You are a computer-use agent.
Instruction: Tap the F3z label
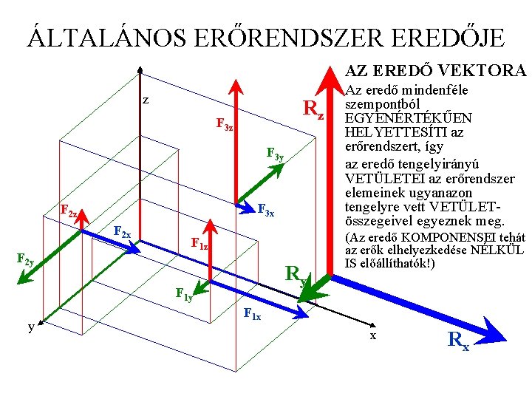pyautogui.click(x=225, y=125)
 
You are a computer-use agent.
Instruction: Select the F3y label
pyautogui.click(x=274, y=154)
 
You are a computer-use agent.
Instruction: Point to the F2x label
pyautogui.click(x=123, y=232)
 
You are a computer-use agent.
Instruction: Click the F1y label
pyautogui.click(x=184, y=295)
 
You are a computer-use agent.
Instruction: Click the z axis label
pyautogui.click(x=146, y=100)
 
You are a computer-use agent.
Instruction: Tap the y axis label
pyautogui.click(x=30, y=327)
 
